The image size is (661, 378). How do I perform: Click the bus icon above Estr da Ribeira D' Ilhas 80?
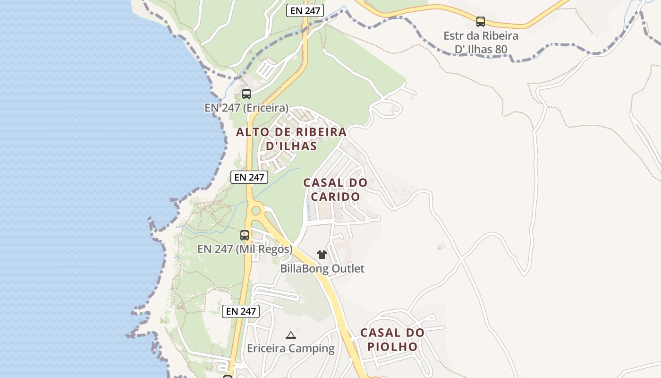(481, 21)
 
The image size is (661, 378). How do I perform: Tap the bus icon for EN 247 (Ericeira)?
(246, 94)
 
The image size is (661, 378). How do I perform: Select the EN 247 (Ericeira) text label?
(246, 108)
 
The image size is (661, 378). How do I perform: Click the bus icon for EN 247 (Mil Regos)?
(245, 235)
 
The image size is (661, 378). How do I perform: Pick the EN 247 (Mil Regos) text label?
(245, 249)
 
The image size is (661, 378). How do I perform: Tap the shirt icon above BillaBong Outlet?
(322, 255)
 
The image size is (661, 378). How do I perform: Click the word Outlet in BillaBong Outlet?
(348, 269)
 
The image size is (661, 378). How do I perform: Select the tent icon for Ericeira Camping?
(291, 335)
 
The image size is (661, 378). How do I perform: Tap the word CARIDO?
(335, 197)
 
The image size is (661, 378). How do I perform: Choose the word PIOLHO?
(393, 347)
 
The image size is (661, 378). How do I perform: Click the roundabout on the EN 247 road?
(256, 210)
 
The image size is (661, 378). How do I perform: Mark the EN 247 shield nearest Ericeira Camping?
(241, 311)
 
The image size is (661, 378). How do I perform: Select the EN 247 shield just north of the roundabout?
(249, 177)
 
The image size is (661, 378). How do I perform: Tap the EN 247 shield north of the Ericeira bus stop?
(305, 10)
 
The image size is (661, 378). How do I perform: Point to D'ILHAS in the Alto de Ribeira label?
(291, 146)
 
